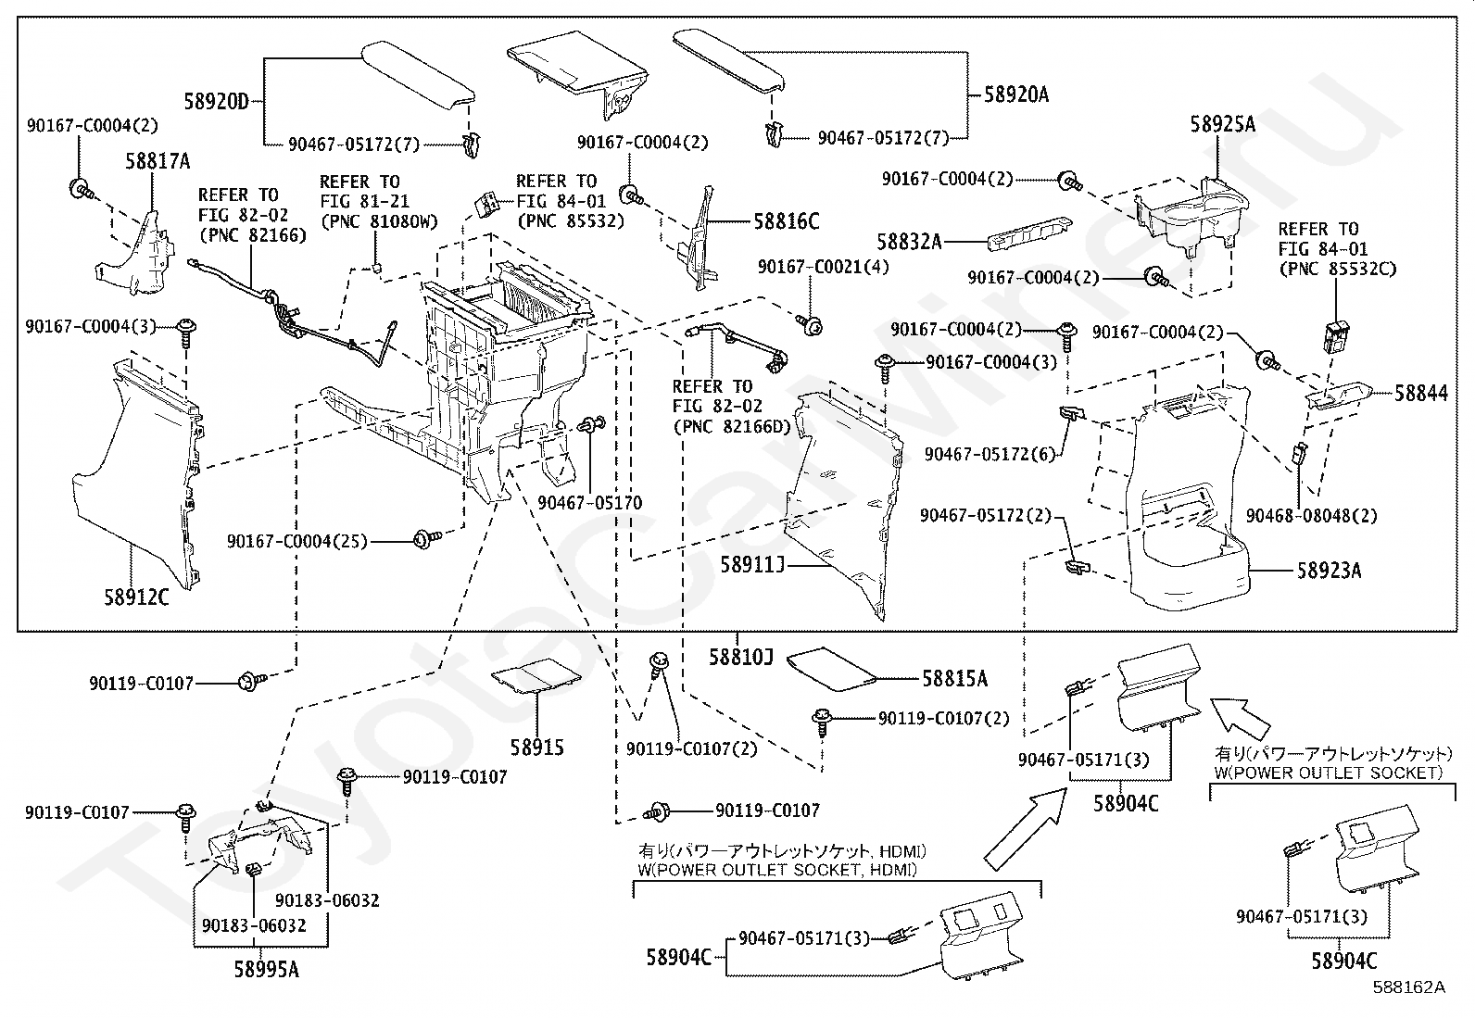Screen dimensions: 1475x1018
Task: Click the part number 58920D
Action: tap(216, 102)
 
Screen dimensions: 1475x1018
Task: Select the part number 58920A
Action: tap(1016, 94)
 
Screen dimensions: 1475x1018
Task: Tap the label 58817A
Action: tap(158, 161)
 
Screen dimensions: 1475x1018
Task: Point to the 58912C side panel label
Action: tap(136, 597)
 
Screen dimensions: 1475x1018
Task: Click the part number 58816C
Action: tap(787, 221)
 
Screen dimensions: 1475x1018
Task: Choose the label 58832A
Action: tap(909, 243)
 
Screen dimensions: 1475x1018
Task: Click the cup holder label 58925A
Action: tap(1223, 124)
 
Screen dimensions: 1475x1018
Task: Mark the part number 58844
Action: tap(1421, 393)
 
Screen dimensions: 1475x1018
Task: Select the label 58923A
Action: tap(1329, 571)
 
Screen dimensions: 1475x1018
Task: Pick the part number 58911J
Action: tap(752, 564)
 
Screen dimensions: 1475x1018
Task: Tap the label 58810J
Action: tap(741, 657)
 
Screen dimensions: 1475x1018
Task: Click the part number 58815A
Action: tap(955, 678)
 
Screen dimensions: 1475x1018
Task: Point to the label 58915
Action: tap(537, 748)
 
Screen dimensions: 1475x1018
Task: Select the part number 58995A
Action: tap(266, 969)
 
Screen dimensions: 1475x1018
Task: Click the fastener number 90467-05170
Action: tap(590, 503)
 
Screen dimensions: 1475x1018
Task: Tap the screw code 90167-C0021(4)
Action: tap(823, 267)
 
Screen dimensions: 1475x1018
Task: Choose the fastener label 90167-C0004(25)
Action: tap(297, 541)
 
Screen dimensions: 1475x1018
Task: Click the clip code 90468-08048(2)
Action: tap(1312, 516)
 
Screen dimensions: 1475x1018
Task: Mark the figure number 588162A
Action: tap(1408, 987)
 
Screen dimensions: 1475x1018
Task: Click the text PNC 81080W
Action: tap(380, 222)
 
